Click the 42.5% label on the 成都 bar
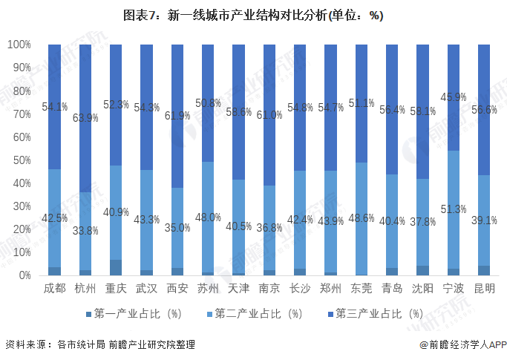pyautogui.click(x=54, y=218)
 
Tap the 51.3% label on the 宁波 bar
pyautogui.click(x=454, y=209)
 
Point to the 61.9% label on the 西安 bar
pyautogui.click(x=177, y=115)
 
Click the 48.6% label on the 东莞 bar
pyautogui.click(x=362, y=217)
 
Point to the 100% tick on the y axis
pyautogui.click(x=19, y=45)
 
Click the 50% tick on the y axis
pyautogui.click(x=22, y=160)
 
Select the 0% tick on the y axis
pyautogui.click(x=24, y=275)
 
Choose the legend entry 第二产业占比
pyautogui.click(x=259, y=314)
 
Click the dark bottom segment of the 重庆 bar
pyautogui.click(x=116, y=267)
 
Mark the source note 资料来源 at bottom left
pyautogui.click(x=99, y=344)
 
